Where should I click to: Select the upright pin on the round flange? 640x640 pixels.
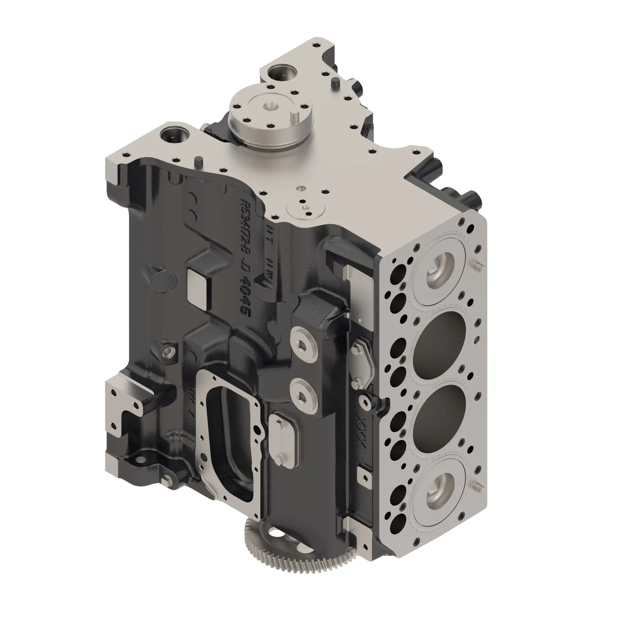pyautogui.click(x=294, y=117)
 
